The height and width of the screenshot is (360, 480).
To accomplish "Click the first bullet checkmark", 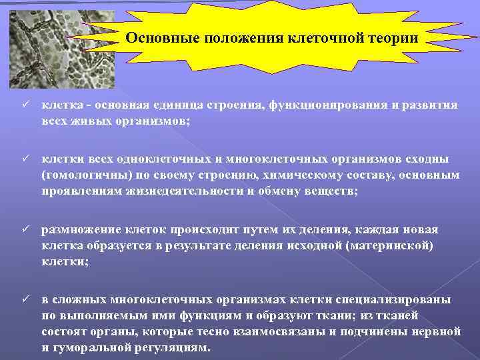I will coord(25,106).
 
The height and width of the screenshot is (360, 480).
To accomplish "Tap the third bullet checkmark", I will coord(25,230).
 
